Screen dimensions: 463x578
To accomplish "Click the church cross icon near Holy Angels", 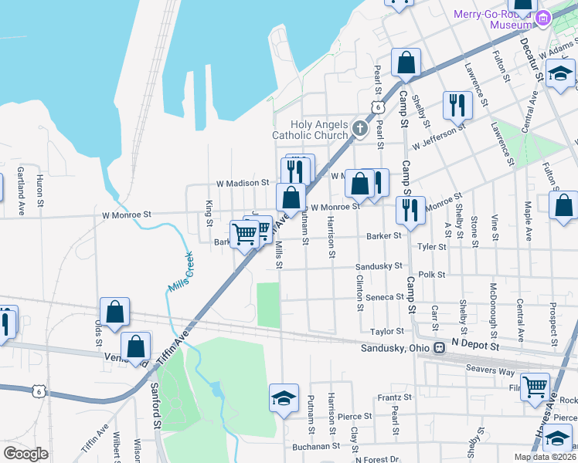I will pos(360,129).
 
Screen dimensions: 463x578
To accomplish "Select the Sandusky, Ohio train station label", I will pos(394,348).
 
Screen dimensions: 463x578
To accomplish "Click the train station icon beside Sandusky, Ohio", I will pos(440,348).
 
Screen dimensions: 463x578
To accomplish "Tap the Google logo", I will pos(25,454).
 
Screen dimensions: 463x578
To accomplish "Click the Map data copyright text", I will pos(545,457).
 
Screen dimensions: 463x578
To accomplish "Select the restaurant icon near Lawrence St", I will pos(457,105).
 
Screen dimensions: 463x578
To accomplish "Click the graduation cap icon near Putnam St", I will pos(284,398).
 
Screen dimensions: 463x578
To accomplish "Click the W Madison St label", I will pos(242,183).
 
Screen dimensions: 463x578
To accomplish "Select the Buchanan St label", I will pos(316,446).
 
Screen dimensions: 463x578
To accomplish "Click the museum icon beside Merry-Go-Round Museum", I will pos(543,16).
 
